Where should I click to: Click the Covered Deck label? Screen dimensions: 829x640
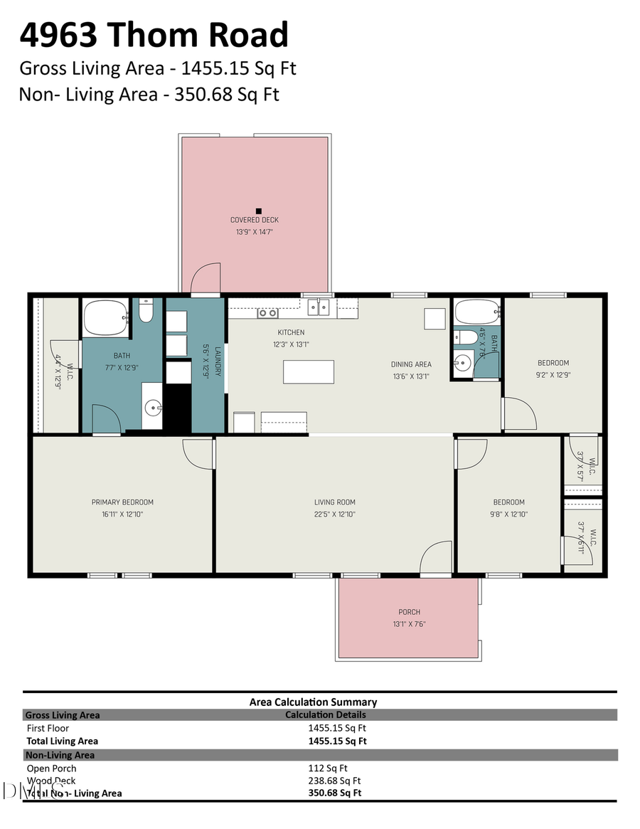coord(254,220)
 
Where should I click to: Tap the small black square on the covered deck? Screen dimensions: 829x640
coord(259,211)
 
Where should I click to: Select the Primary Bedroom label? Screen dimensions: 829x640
coord(122,502)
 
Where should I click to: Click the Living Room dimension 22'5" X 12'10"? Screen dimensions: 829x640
coord(335,514)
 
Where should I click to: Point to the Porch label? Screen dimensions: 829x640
coord(409,612)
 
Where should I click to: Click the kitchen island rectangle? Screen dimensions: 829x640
coord(309,372)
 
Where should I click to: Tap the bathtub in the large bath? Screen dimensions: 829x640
coord(106,317)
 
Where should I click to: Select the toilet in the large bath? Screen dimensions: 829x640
coord(146,312)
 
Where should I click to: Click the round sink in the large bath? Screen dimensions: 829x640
coord(154,408)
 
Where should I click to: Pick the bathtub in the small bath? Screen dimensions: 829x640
coord(477,312)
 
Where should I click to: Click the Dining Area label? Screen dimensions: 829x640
coord(410,364)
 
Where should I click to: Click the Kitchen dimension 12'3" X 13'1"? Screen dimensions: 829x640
coord(291,344)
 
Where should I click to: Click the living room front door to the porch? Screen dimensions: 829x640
coord(436,559)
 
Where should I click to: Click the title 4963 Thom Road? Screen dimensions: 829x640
coord(154,36)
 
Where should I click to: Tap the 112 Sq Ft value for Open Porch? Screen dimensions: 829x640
coord(328,768)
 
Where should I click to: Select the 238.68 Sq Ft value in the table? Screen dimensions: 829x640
coord(334,781)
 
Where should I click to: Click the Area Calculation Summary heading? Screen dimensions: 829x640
coord(313,702)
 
